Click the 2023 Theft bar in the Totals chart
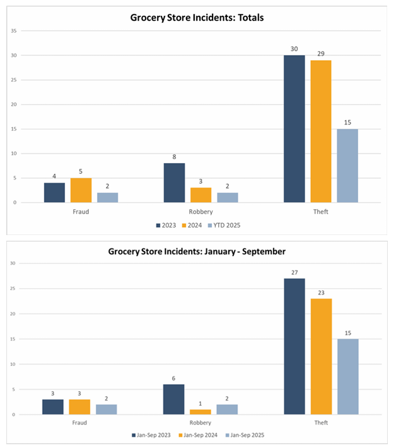(294, 129)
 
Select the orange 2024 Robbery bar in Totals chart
(201, 195)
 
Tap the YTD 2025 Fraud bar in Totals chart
(107, 197)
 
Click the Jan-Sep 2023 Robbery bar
(174, 399)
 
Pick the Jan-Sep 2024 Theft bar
(321, 356)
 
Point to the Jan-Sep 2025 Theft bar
(348, 377)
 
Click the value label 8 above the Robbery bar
(174, 157)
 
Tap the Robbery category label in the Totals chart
(201, 212)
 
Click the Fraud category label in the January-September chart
(80, 423)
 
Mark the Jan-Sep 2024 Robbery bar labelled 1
(201, 412)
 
